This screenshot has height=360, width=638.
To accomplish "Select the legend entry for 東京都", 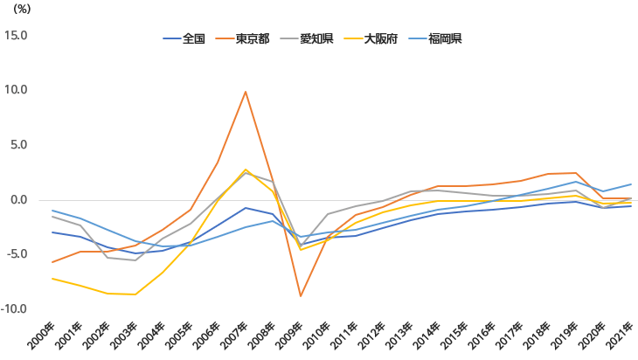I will [x=252, y=38].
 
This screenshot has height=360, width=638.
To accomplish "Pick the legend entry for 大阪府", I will [x=381, y=38].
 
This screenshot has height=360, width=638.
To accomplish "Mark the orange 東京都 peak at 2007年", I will [x=246, y=92].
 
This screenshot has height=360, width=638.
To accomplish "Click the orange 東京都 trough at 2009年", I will [x=301, y=296].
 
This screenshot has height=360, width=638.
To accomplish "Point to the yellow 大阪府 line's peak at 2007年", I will [x=246, y=170].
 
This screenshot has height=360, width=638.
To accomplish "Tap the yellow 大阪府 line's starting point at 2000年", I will [x=52, y=279].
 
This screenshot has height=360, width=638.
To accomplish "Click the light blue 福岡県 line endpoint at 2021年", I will [x=631, y=184].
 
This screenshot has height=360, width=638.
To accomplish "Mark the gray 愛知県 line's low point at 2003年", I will [x=135, y=260].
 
